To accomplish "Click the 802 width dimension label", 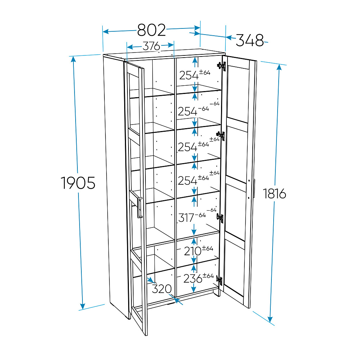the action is point(152,30).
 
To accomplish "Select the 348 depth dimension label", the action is point(250,40).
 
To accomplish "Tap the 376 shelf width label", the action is point(151,46).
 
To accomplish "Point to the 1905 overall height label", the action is point(78,183).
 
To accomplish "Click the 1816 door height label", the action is point(274,194).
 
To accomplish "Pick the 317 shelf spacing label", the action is point(186,218).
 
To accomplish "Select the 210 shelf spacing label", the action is point(193,251).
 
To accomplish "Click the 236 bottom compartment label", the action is point(193,279).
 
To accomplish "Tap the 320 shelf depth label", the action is point(162,289).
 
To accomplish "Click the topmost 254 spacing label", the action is point(189,75).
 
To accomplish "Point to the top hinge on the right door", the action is point(221,66).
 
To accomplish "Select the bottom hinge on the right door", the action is point(220,280).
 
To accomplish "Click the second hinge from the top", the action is point(221,136).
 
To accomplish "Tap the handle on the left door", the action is point(140,207).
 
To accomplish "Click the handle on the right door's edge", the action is point(254,188).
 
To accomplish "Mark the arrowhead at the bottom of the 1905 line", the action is point(82,306).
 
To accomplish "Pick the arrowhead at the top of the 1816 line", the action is point(279,67).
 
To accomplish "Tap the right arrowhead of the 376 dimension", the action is point(171,45).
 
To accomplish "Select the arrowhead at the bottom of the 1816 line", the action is point(270,319).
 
